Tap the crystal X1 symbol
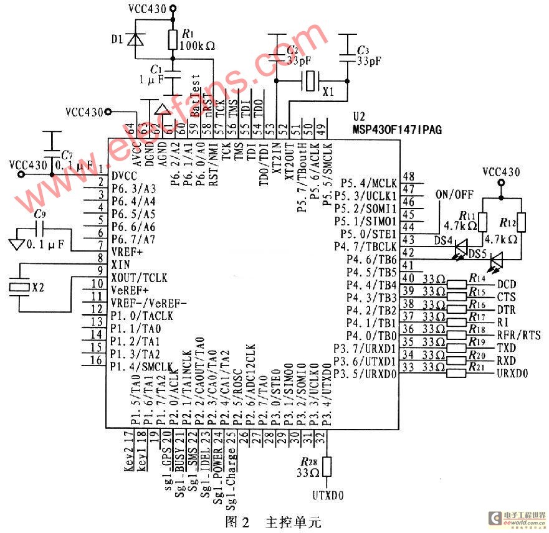[x=310, y=80]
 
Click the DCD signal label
[x=505, y=284]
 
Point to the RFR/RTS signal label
[x=518, y=336]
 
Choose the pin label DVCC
[x=125, y=175]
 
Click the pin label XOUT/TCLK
[x=138, y=277]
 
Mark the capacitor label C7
[x=67, y=154]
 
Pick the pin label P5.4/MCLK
[x=369, y=183]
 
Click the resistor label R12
[x=508, y=222]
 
